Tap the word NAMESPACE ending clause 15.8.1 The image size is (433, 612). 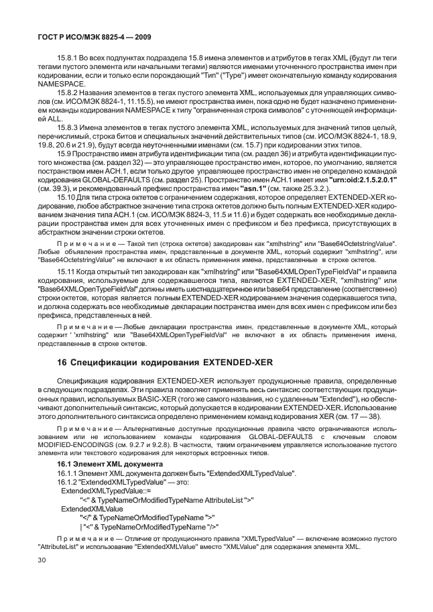coord(59,84)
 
